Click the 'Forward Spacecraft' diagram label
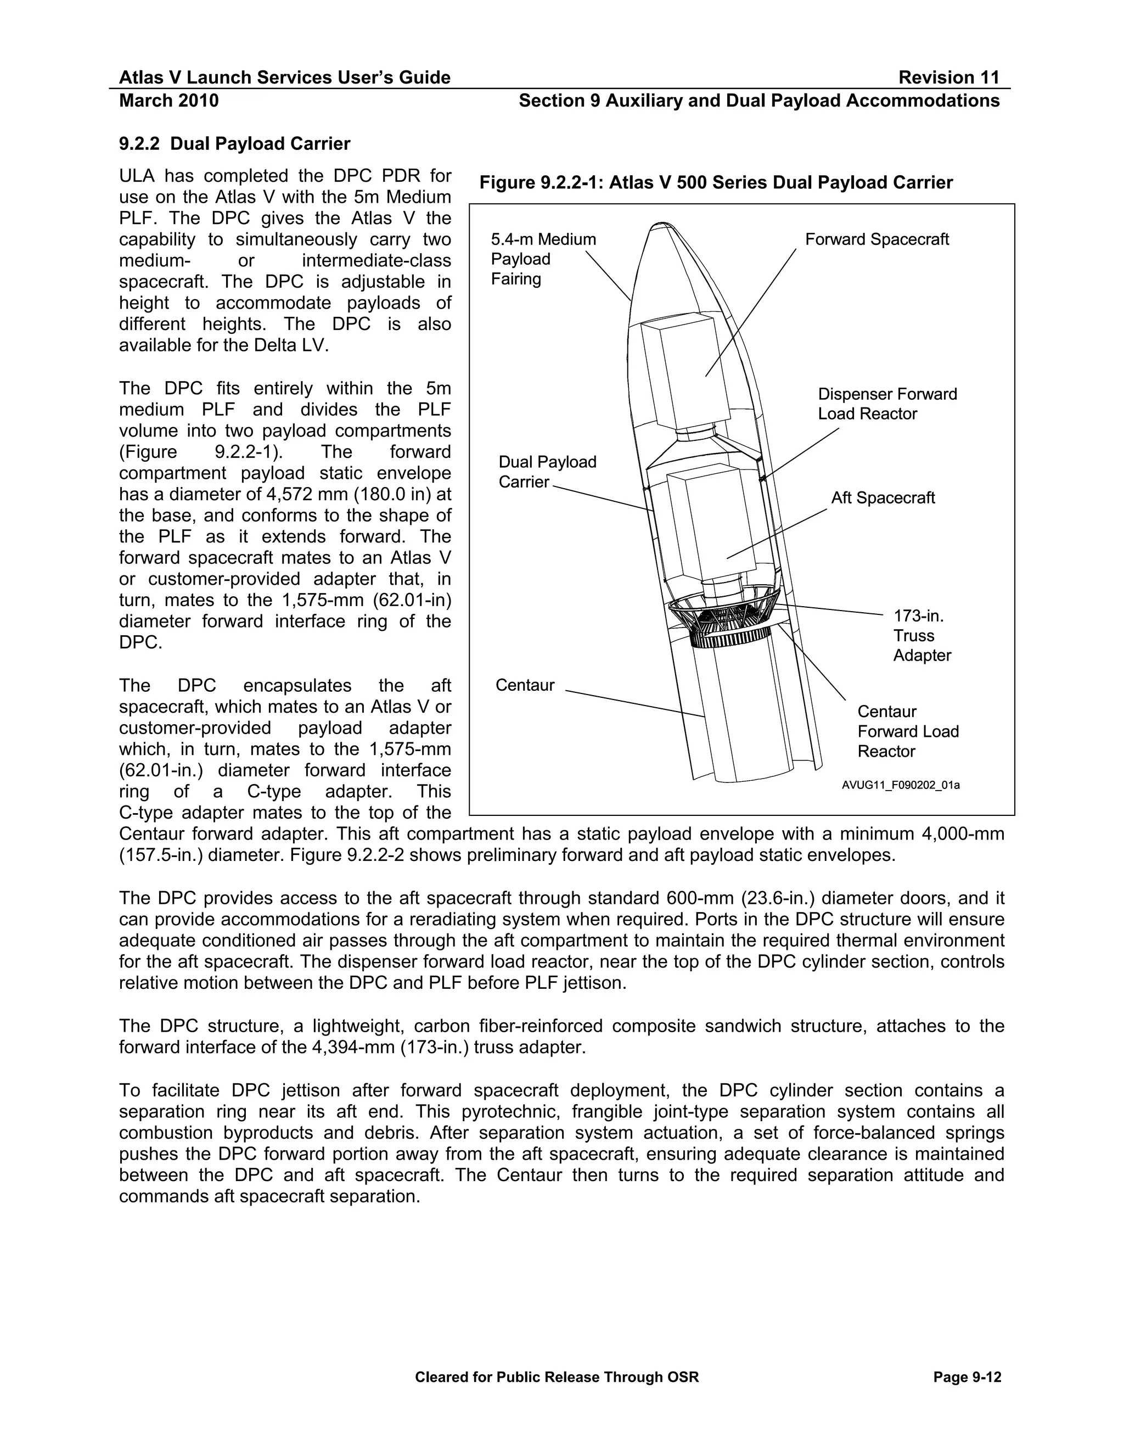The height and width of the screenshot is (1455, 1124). click(x=876, y=239)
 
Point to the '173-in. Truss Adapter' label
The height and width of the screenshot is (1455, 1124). click(x=921, y=636)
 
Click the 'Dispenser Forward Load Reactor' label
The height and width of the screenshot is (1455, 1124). click(x=887, y=404)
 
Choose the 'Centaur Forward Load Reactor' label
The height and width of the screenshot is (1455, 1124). click(x=908, y=731)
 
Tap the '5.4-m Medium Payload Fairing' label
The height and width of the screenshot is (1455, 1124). click(x=543, y=259)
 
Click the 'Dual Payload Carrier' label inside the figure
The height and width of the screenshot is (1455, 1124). click(x=547, y=472)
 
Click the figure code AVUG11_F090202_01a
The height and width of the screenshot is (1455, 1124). click(x=900, y=785)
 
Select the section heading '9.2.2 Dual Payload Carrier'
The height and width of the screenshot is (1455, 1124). click(x=234, y=144)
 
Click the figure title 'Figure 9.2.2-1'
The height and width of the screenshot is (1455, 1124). click(x=716, y=182)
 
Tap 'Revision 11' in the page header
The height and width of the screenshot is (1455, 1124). click(x=948, y=78)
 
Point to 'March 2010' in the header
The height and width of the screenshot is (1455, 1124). click(x=168, y=100)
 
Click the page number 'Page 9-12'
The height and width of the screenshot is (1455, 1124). click(x=967, y=1377)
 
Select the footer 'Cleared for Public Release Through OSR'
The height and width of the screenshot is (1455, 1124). click(x=557, y=1377)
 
